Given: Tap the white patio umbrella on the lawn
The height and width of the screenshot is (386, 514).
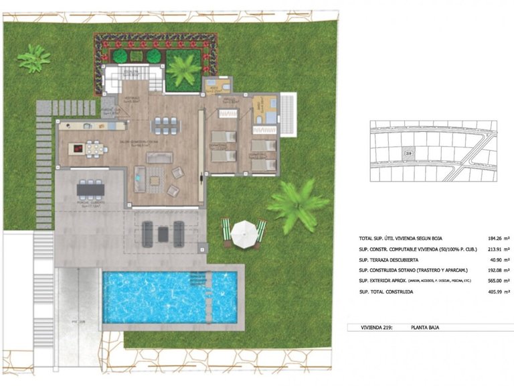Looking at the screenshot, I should point(244,231).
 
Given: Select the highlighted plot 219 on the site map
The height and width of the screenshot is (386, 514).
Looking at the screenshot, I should point(408,154).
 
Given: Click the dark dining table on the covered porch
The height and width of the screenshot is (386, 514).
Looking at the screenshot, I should point(90,190).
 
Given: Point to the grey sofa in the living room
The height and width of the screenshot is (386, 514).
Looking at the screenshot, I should point(159,157).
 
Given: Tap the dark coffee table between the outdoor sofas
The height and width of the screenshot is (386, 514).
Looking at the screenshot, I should point(163,233).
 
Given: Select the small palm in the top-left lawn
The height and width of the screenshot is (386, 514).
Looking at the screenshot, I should point(33,58).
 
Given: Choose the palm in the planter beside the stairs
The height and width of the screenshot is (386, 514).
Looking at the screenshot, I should point(183,69).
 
